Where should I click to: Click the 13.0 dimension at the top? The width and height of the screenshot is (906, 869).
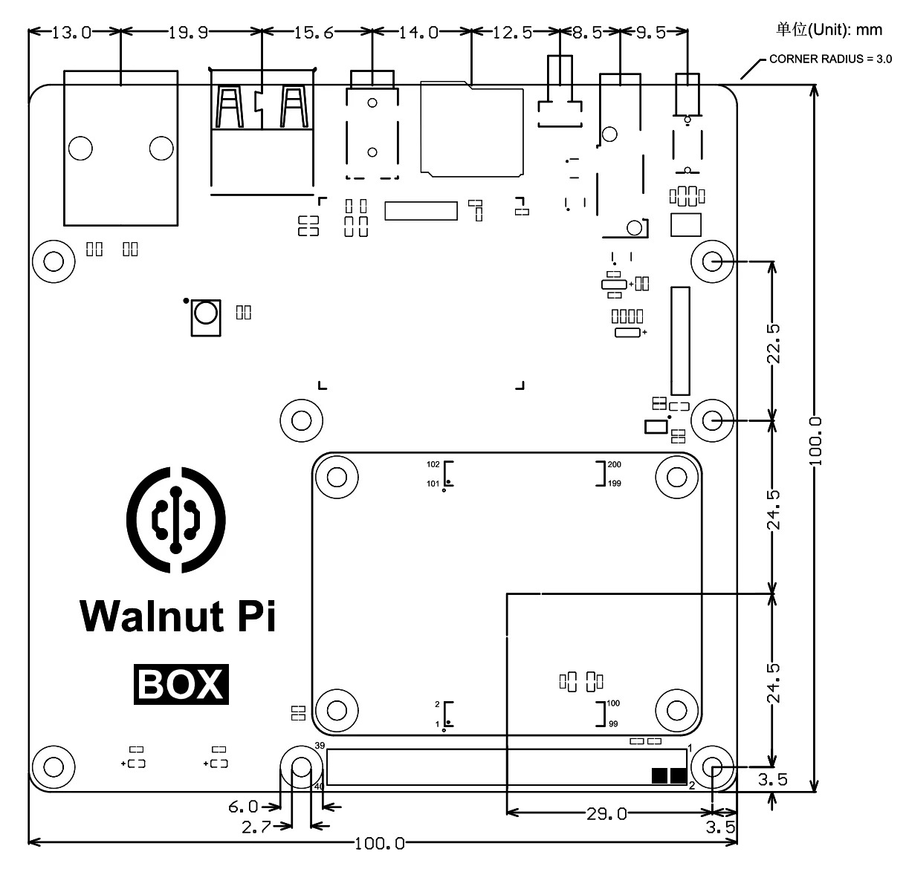[x=71, y=33]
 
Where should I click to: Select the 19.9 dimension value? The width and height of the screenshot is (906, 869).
[x=187, y=33]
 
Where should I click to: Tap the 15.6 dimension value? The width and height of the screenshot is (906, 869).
[x=314, y=33]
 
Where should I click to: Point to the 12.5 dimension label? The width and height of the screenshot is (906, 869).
[x=512, y=33]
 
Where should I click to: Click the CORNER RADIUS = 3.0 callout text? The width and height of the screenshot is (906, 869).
[x=831, y=59]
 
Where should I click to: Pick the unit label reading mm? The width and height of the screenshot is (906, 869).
[x=870, y=30]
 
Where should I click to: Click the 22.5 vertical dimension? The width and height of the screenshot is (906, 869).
[x=773, y=344]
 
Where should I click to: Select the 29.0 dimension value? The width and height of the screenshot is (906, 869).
[x=606, y=813]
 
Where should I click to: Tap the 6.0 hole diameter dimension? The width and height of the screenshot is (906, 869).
[x=243, y=806]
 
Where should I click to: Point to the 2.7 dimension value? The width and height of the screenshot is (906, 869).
[x=256, y=827]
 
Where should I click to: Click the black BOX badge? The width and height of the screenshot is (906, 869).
[x=181, y=684]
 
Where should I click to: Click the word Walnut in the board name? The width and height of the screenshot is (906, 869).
[x=152, y=616]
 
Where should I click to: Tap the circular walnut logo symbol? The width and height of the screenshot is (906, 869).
[x=176, y=520]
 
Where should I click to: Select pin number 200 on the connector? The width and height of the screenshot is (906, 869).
[x=614, y=464]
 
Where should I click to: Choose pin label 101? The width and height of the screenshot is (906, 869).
[x=433, y=484]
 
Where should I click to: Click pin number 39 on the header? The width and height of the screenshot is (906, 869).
[x=320, y=745]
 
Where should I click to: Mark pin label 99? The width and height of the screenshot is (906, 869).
[x=613, y=724]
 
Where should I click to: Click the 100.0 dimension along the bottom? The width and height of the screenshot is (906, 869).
[x=380, y=844]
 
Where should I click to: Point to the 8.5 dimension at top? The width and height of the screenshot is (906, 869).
[x=587, y=33]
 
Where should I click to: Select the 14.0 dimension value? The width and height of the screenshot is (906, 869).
[x=418, y=33]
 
